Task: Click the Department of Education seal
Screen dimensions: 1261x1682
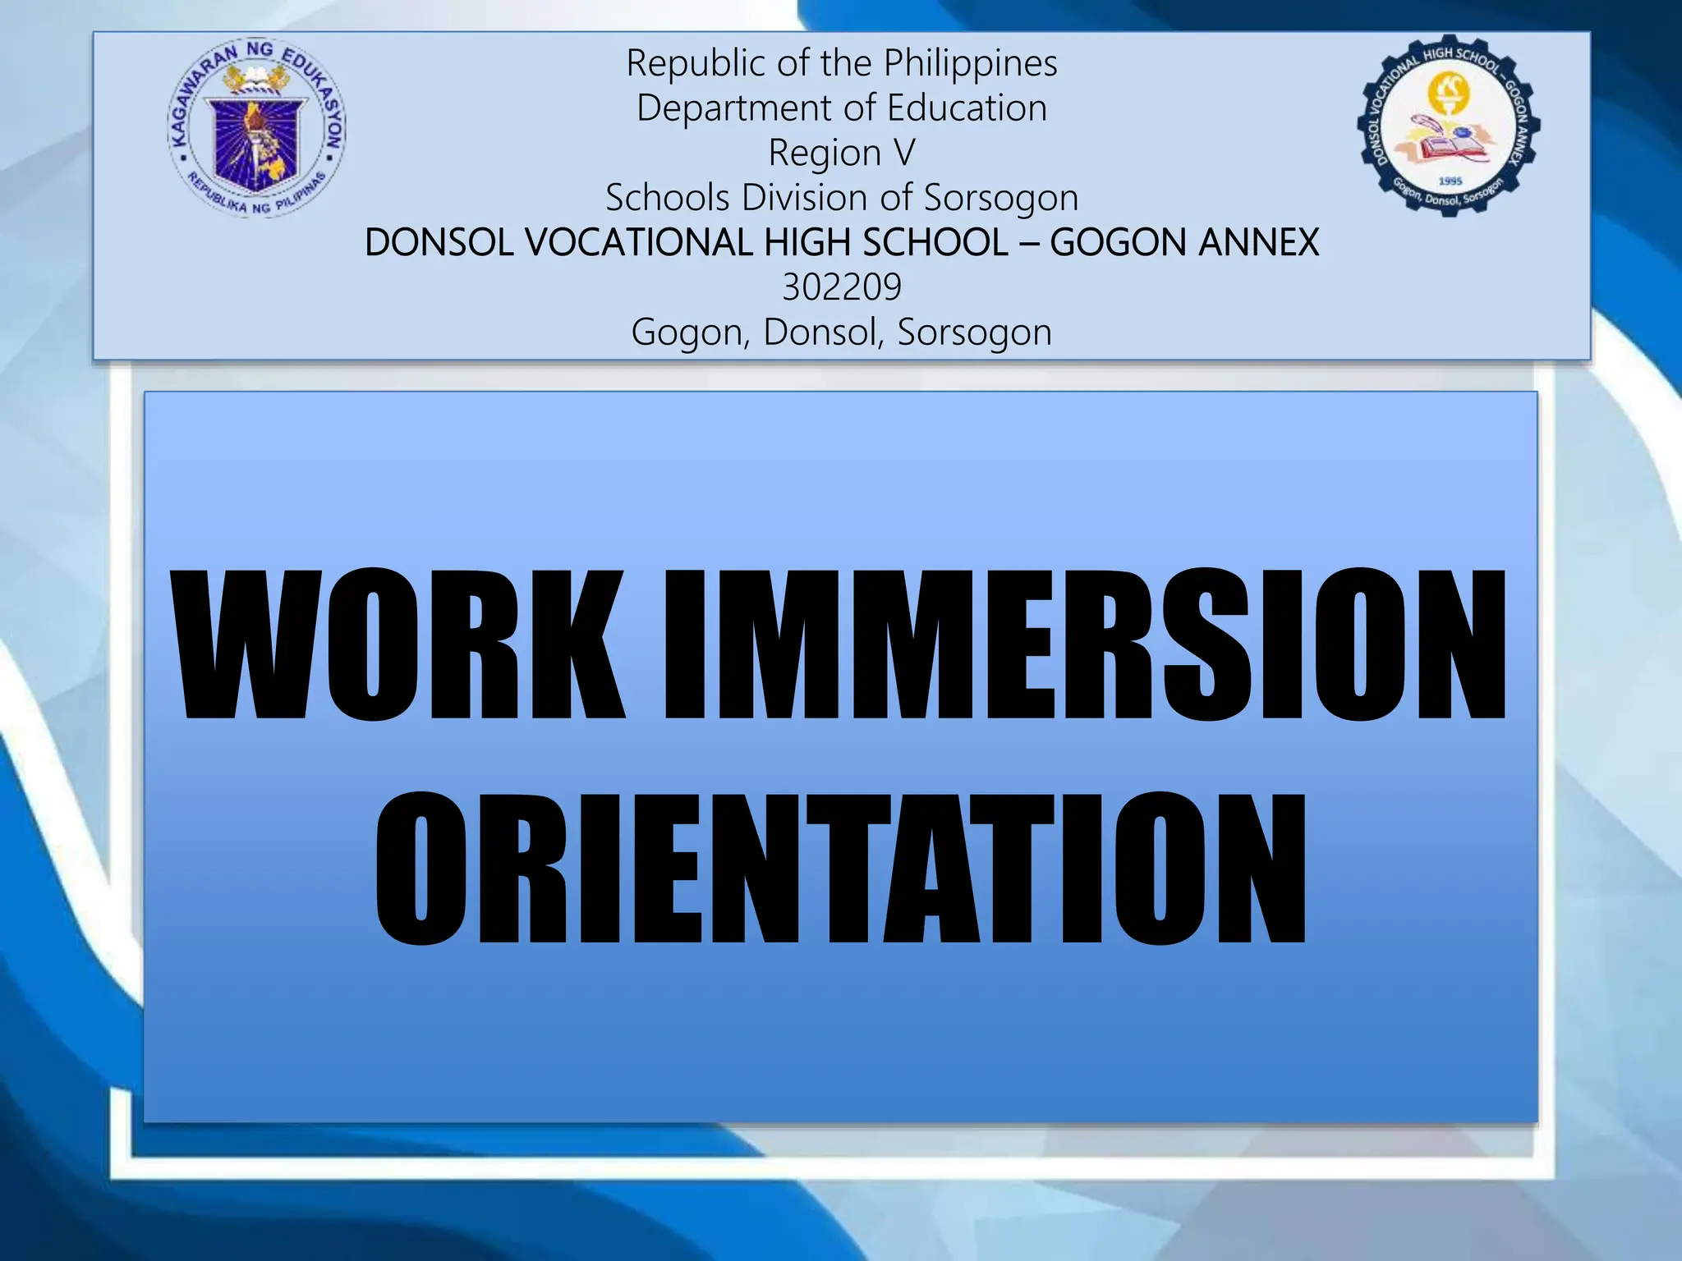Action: tap(256, 128)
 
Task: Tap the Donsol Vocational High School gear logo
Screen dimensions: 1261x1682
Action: tap(1448, 126)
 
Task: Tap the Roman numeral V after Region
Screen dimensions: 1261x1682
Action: tap(903, 153)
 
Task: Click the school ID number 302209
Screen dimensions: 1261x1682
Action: tap(842, 287)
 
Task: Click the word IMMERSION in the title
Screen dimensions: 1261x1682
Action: tap(1084, 645)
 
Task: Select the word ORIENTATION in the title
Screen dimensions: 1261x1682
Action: tap(840, 868)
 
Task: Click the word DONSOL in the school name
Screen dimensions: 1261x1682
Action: tap(439, 243)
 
